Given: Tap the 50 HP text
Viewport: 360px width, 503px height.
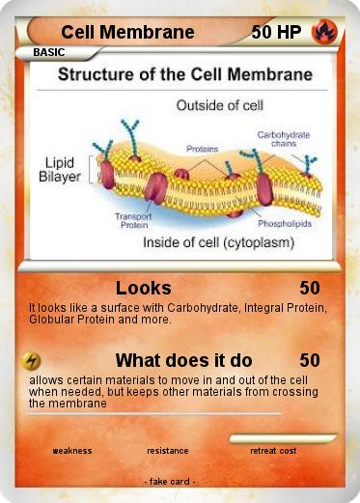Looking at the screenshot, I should click(x=275, y=33).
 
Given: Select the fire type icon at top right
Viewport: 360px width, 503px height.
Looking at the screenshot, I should click(x=323, y=32).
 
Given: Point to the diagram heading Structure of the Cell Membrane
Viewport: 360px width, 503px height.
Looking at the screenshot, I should click(x=186, y=74).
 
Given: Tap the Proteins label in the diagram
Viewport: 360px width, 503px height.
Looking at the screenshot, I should click(x=202, y=150).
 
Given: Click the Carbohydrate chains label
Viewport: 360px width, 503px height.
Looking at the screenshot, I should click(x=283, y=140).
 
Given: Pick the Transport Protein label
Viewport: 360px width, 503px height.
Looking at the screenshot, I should click(x=134, y=218).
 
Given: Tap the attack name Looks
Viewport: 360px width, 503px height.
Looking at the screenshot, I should click(x=144, y=288).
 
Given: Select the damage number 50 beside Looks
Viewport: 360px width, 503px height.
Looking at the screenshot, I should click(x=310, y=288).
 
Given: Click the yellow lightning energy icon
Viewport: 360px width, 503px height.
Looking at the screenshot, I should click(x=31, y=361).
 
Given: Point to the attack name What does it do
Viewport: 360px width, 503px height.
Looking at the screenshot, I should click(x=183, y=361).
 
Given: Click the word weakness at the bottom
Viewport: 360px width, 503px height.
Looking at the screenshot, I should click(x=71, y=451).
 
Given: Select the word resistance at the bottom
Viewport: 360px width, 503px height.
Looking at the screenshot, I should click(x=168, y=451).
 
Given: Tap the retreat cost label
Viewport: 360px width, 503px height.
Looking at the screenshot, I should click(x=273, y=451).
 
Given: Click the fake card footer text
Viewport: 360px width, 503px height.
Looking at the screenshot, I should click(x=170, y=481).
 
